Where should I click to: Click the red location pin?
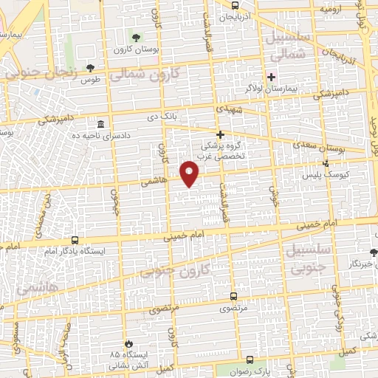[x=190, y=173]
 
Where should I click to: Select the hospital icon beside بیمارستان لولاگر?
[x=272, y=77]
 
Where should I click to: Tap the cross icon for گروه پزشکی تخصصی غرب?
[x=220, y=134]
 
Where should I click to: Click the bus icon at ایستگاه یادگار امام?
[x=75, y=240]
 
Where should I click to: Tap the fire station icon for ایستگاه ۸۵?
[x=130, y=343]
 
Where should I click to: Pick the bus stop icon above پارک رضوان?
[x=250, y=360]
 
